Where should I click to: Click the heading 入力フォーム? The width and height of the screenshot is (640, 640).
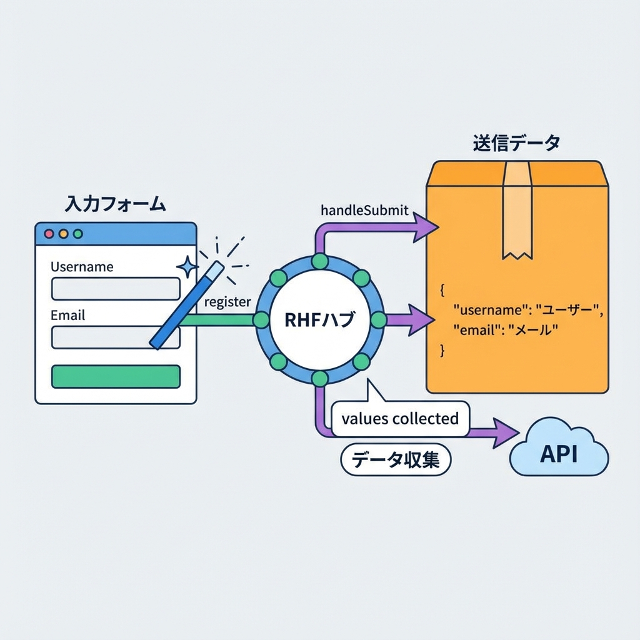pyautogui.click(x=116, y=204)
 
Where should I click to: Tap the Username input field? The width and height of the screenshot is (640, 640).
pyautogui.click(x=116, y=289)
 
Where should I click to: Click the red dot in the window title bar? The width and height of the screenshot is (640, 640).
pyautogui.click(x=49, y=234)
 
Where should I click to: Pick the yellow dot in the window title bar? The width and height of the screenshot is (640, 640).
pyautogui.click(x=63, y=234)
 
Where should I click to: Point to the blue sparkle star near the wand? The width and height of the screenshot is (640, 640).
pyautogui.click(x=187, y=266)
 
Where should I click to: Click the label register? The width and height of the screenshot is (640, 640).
pyautogui.click(x=227, y=302)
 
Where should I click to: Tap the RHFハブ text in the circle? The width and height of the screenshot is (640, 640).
pyautogui.click(x=319, y=321)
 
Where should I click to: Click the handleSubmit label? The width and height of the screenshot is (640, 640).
pyautogui.click(x=364, y=211)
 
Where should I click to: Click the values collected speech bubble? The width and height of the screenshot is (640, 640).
pyautogui.click(x=400, y=419)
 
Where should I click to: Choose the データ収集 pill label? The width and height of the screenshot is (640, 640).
pyautogui.click(x=395, y=460)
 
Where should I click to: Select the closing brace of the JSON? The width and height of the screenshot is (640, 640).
pyautogui.click(x=443, y=351)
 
